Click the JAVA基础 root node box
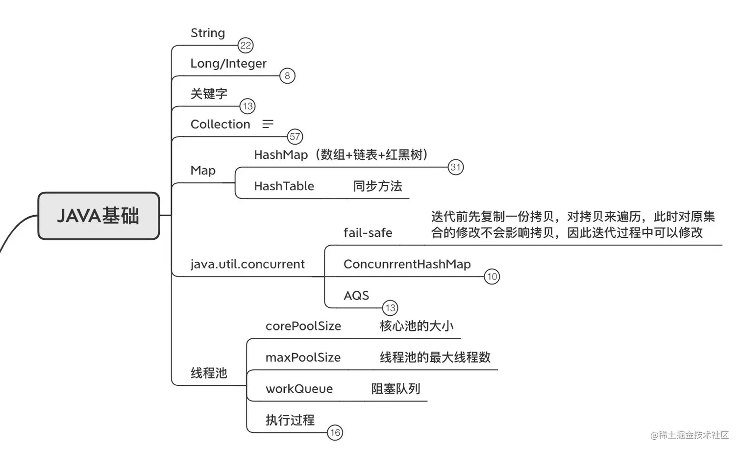(99, 216)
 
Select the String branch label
(208, 33)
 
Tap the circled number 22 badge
(246, 46)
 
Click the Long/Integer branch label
(228, 64)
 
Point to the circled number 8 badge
(287, 76)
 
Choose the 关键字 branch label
(209, 94)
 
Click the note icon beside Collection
(268, 124)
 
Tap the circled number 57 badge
(295, 137)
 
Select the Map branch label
(203, 171)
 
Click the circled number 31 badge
(456, 167)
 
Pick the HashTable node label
(284, 186)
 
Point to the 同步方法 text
(377, 186)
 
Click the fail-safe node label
(368, 233)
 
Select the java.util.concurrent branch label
(247, 264)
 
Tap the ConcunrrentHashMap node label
(407, 264)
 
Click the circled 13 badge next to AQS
(390, 308)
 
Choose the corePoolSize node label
(303, 326)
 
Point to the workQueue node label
(299, 389)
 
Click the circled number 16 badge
(335, 432)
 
